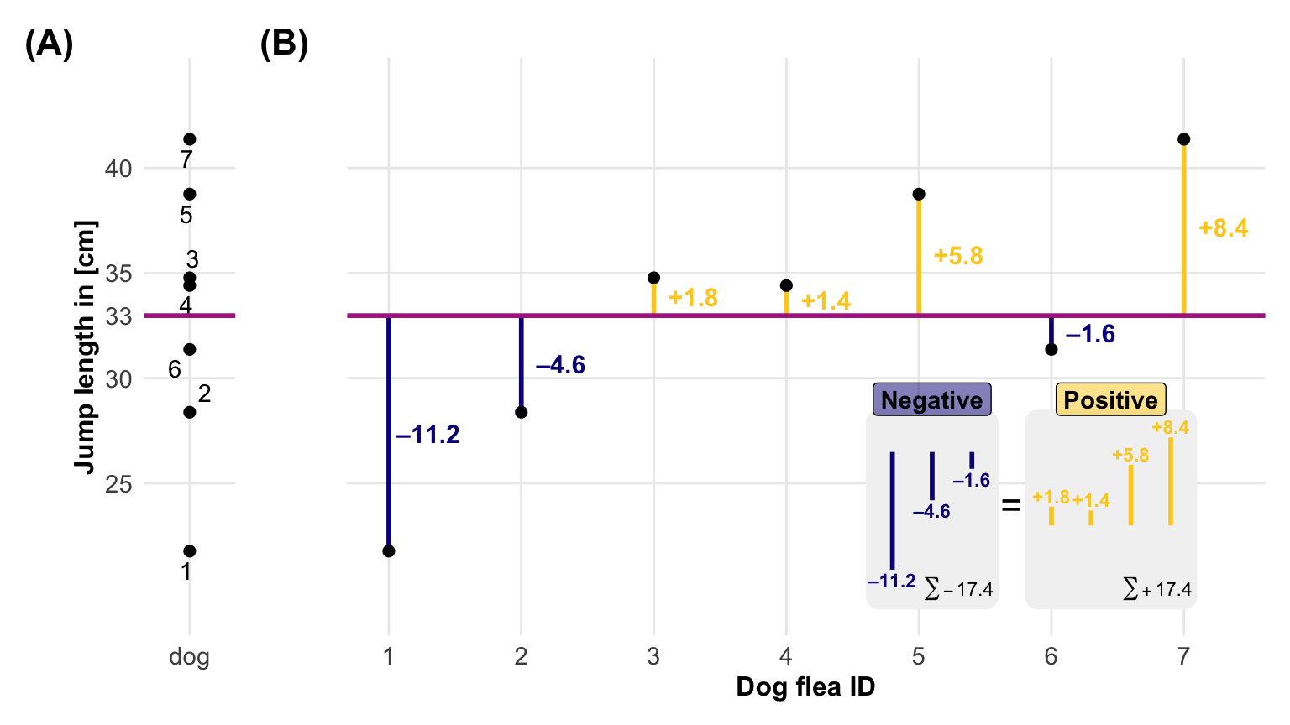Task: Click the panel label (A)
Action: pyautogui.click(x=49, y=44)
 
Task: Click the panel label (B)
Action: pyautogui.click(x=284, y=44)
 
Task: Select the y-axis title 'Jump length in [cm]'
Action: pyautogui.click(x=85, y=347)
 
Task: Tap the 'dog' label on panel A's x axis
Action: pyautogui.click(x=189, y=656)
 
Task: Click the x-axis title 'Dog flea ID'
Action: pyautogui.click(x=805, y=687)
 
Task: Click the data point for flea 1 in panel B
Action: pyautogui.click(x=389, y=551)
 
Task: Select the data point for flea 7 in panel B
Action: pyautogui.click(x=1183, y=139)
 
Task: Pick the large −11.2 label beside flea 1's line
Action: pyautogui.click(x=427, y=435)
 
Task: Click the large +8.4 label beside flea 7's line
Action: pyautogui.click(x=1223, y=228)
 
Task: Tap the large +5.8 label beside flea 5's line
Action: pyautogui.click(x=957, y=256)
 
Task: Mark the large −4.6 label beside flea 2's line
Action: pyautogui.click(x=560, y=365)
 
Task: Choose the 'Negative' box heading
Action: pyautogui.click(x=931, y=400)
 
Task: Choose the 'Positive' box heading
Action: pyautogui.click(x=1110, y=400)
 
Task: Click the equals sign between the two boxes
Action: pyautogui.click(x=1011, y=506)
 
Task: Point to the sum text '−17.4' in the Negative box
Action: pyautogui.click(x=959, y=590)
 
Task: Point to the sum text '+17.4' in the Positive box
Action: pyautogui.click(x=1157, y=590)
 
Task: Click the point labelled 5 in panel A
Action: pyautogui.click(x=190, y=195)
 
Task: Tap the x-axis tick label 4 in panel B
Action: pyautogui.click(x=786, y=656)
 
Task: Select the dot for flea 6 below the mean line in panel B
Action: pyautogui.click(x=1051, y=349)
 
